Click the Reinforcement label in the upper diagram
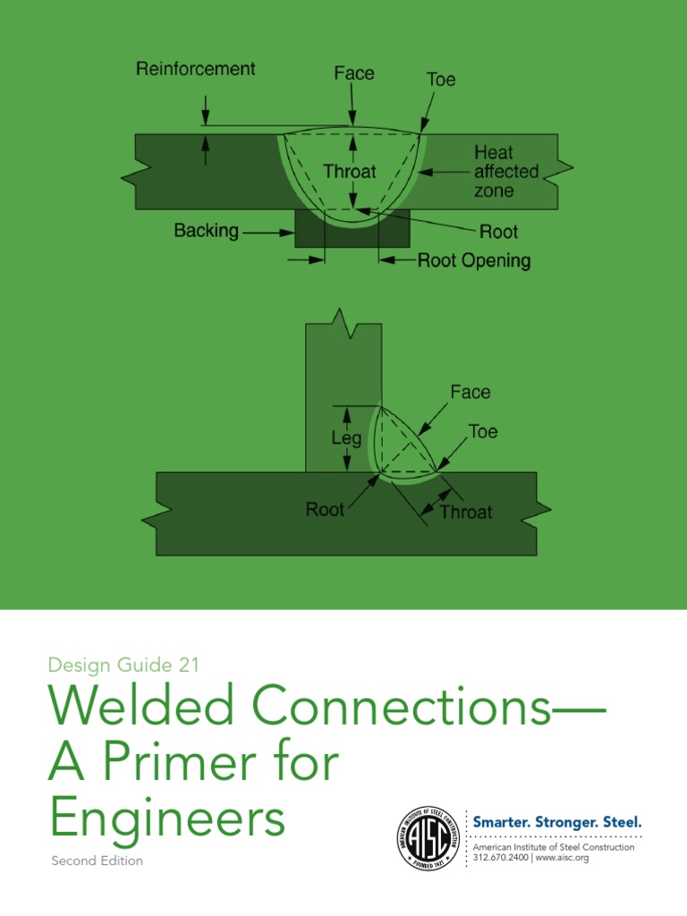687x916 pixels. (x=195, y=69)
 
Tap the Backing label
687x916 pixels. (x=206, y=231)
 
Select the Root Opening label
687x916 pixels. (x=474, y=261)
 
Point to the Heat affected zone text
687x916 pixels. (x=506, y=173)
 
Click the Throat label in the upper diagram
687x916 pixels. (x=350, y=171)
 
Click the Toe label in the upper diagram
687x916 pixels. (x=440, y=80)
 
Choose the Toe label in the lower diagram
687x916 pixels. (x=483, y=432)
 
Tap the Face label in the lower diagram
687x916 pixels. (x=470, y=392)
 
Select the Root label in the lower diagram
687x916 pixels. (x=325, y=510)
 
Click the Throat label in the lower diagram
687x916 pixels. (x=466, y=512)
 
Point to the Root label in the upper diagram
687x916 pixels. (x=498, y=232)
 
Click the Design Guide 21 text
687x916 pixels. (x=123, y=665)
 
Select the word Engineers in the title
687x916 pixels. (x=167, y=818)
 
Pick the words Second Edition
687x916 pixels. (x=96, y=861)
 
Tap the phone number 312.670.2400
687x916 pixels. (x=500, y=858)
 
